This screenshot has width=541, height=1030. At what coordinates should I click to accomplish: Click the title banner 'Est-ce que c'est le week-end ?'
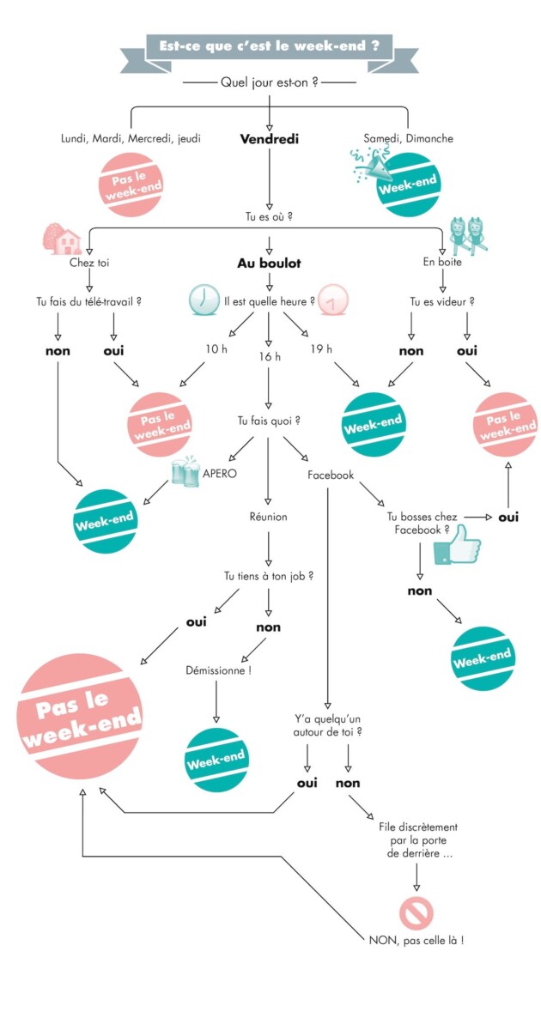coord(270,47)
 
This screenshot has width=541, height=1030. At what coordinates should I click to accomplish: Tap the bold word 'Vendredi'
coord(269,138)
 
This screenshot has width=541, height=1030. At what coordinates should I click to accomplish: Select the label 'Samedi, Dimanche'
coord(408,138)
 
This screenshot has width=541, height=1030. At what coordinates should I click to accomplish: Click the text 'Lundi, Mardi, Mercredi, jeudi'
coord(131,138)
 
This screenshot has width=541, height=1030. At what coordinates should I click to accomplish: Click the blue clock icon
coord(204,300)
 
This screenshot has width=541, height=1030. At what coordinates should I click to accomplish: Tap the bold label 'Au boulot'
coord(269,264)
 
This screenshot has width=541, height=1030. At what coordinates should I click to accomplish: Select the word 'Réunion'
coord(269,517)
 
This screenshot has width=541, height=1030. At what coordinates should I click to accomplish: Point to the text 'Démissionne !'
coord(219,670)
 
